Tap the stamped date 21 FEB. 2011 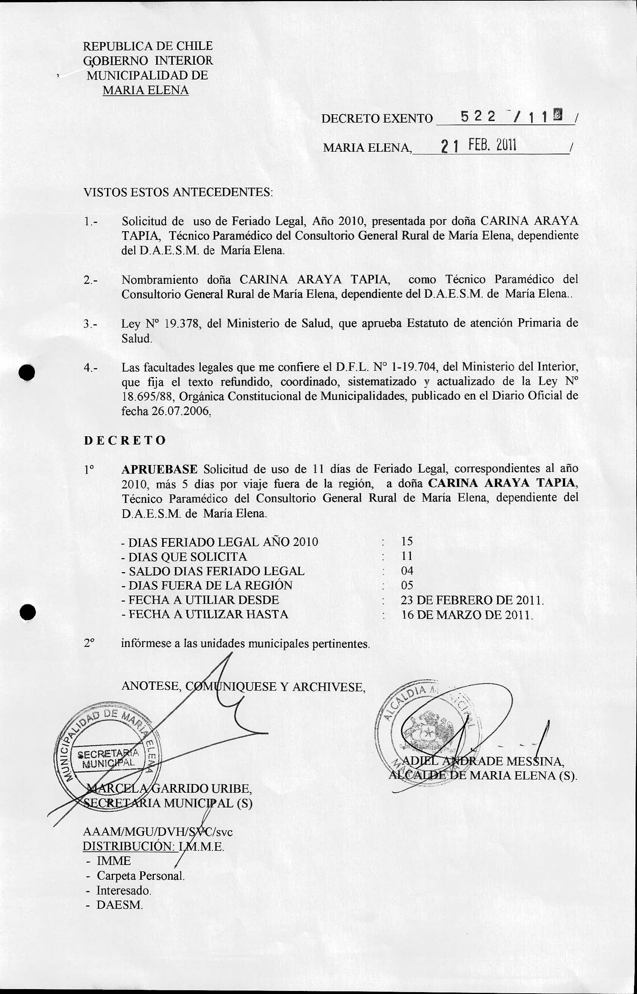478,146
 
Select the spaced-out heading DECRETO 125,440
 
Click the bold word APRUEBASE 160,469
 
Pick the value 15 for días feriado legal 407,541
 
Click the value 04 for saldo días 407,571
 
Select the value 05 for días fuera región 407,585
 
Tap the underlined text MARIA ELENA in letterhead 145,90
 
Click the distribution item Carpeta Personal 140,876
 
